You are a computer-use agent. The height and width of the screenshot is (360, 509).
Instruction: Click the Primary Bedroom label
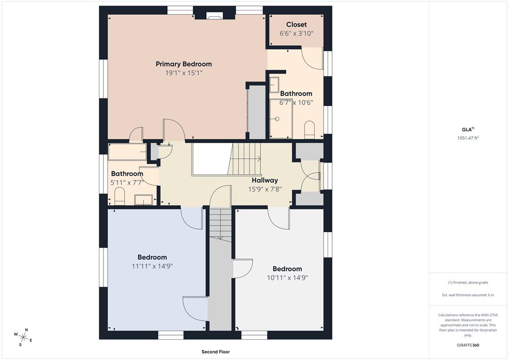(184, 64)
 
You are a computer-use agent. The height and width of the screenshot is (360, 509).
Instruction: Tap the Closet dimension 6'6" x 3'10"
(296, 33)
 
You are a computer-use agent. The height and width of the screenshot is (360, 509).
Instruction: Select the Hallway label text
(265, 180)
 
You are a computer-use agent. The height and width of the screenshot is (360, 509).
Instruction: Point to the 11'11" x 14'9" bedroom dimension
(152, 266)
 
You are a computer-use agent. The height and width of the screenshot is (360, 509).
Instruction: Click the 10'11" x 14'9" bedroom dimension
(287, 278)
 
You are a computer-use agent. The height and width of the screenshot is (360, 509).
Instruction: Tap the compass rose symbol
(23, 337)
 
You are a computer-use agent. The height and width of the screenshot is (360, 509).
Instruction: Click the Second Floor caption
(216, 352)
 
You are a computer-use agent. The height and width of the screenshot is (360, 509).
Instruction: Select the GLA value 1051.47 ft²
(468, 138)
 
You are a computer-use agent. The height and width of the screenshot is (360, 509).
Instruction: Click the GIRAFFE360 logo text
(468, 345)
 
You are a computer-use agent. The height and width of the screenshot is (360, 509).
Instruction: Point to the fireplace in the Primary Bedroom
(214, 17)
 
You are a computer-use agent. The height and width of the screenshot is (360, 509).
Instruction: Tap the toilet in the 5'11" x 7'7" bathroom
(119, 197)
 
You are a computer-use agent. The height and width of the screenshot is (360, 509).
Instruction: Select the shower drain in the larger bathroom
(277, 119)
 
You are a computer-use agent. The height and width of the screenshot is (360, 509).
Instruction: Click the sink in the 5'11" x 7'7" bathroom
(144, 200)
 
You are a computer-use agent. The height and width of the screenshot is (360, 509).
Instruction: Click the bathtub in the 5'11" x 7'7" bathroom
(127, 152)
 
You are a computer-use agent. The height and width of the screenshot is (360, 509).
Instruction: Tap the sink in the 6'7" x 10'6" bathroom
(274, 85)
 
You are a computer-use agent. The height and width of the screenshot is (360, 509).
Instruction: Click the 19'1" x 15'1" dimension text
(184, 73)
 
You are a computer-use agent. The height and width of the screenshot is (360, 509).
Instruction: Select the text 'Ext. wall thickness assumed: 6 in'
(468, 295)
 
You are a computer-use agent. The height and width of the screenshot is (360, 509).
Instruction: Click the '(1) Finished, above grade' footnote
(468, 282)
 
